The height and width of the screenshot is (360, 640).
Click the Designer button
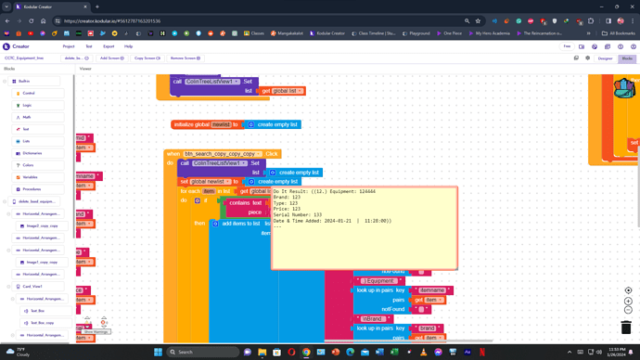tap(605, 58)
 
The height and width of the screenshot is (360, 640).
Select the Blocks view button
tap(627, 58)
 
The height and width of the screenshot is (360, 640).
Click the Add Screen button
tap(111, 58)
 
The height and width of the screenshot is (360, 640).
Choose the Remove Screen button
tap(186, 58)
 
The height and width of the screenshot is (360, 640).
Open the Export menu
tap(109, 46)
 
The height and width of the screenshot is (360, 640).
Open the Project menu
tap(69, 46)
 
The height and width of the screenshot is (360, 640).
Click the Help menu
tap(129, 46)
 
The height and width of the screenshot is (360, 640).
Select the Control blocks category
tap(29, 94)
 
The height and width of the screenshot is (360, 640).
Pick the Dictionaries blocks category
tap(32, 153)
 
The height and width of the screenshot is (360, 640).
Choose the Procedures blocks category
tap(32, 188)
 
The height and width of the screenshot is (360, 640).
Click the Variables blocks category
tap(31, 176)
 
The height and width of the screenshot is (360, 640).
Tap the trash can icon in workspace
tap(628, 327)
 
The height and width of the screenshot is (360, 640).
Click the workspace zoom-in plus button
tap(628, 301)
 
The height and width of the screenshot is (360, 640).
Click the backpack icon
tap(626, 90)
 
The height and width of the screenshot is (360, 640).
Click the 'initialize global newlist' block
tap(201, 124)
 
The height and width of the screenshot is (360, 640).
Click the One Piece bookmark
tap(452, 33)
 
